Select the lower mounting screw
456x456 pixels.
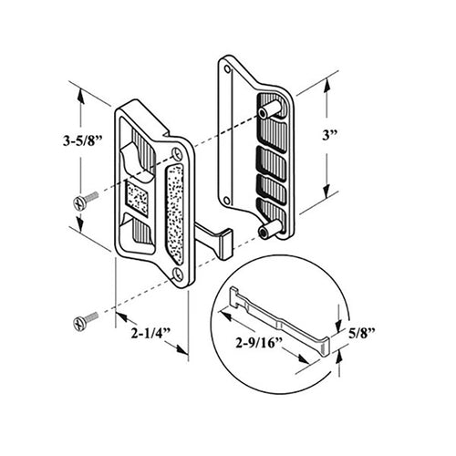(x=83, y=320)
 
